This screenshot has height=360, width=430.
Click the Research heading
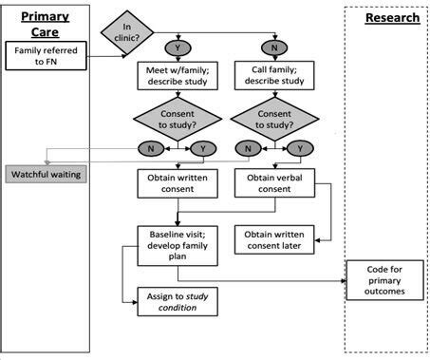coord(392,18)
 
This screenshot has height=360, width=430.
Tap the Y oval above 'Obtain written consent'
coord(201,149)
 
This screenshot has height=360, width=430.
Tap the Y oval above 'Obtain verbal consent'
coord(303,149)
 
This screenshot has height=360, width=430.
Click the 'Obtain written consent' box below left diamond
coord(177,184)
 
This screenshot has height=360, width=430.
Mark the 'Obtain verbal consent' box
coord(273,184)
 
